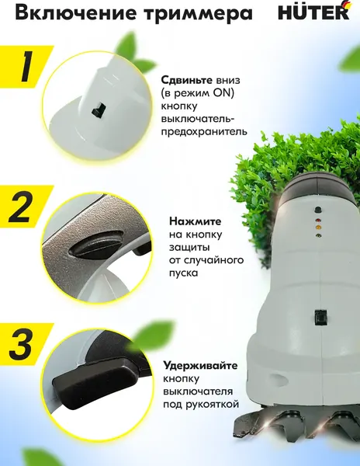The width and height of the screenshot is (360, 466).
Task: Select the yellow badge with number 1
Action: [24, 68]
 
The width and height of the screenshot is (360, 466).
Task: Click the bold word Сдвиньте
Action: [188, 79]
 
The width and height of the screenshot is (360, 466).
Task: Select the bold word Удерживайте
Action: [200, 365]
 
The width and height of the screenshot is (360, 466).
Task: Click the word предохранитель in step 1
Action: [203, 132]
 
